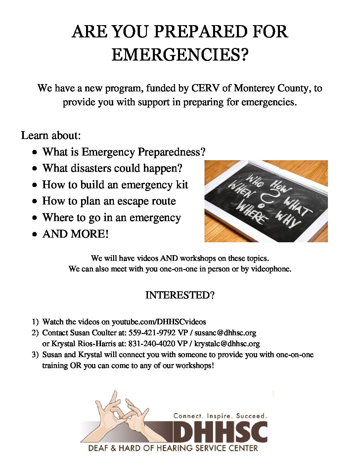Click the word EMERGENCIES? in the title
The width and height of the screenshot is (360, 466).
pos(180,55)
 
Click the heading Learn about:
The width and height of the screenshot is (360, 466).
pos(51,135)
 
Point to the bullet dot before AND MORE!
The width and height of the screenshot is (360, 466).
pos(35,234)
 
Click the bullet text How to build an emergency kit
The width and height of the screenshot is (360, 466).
pos(115,185)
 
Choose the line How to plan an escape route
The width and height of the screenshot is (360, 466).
pos(109,201)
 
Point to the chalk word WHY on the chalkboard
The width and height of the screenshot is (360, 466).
pos(287,219)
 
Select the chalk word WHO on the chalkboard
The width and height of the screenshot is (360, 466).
pos(254,181)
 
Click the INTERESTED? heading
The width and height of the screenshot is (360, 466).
pos(180,295)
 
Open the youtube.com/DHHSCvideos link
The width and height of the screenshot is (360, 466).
pos(158,322)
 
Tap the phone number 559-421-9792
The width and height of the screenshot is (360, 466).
pos(152,333)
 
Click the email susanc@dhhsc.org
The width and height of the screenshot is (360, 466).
pos(225,333)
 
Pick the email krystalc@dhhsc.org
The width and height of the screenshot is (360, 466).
pos(227,344)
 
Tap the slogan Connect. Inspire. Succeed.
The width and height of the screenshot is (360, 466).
pos(220,416)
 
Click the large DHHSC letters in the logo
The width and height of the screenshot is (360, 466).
pos(220,432)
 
